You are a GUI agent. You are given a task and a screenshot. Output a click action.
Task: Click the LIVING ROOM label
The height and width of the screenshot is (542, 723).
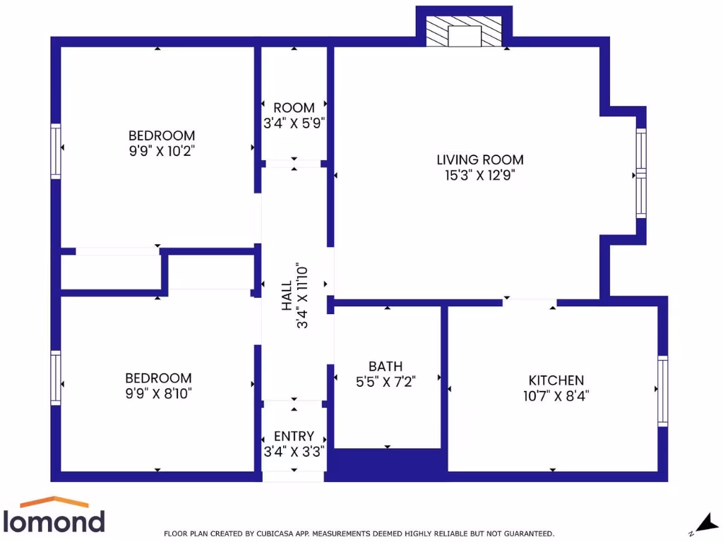(x=480, y=160)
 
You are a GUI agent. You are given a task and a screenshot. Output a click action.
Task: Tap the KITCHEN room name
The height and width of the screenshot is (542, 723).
(x=556, y=380)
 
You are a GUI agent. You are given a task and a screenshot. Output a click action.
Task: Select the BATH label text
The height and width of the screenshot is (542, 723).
(x=386, y=366)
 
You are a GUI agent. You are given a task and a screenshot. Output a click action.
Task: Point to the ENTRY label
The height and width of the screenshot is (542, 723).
(x=294, y=437)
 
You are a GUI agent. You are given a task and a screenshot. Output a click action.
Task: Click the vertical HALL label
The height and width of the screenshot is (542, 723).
(x=287, y=296)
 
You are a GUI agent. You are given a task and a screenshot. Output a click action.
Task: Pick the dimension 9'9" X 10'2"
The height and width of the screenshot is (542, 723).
(x=161, y=150)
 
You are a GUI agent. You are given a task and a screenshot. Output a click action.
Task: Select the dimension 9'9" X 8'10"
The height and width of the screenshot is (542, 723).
(x=158, y=393)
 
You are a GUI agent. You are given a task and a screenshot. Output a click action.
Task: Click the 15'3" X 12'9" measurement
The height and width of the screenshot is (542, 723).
(x=480, y=176)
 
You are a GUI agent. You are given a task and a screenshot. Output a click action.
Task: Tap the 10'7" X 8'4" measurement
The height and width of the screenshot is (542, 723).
(x=556, y=396)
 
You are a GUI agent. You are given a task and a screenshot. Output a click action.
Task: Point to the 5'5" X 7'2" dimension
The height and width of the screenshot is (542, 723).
(x=386, y=382)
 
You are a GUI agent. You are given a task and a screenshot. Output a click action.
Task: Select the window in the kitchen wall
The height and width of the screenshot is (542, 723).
(x=662, y=391)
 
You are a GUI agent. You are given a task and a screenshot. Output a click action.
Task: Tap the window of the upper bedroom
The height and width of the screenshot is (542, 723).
(x=56, y=150)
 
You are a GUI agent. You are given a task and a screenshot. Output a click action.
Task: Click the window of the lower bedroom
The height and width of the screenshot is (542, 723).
(x=56, y=378)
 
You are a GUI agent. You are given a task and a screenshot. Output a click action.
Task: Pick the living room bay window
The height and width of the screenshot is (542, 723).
(x=640, y=173)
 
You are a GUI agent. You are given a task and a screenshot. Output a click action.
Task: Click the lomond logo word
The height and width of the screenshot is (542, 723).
(x=54, y=522)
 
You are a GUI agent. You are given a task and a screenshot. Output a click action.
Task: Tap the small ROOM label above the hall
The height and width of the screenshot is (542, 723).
(x=294, y=108)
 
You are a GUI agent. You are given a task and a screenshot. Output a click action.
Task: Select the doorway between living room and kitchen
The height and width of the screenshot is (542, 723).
(x=530, y=302)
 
